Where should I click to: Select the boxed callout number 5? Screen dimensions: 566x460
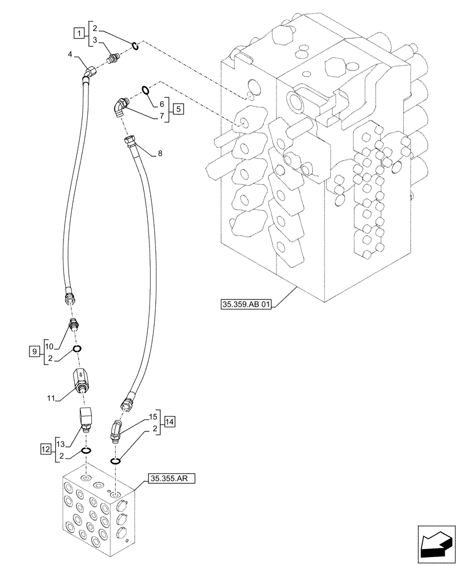[x=178, y=109]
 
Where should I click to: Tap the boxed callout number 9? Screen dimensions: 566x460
[x=34, y=352]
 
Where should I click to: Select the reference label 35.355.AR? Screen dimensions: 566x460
[x=172, y=479]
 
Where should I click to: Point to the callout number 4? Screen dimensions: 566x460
[x=70, y=54]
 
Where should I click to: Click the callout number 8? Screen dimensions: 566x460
[x=160, y=153]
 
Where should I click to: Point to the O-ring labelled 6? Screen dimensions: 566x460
[x=146, y=88]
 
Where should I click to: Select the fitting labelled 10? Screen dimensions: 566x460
[x=73, y=325]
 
